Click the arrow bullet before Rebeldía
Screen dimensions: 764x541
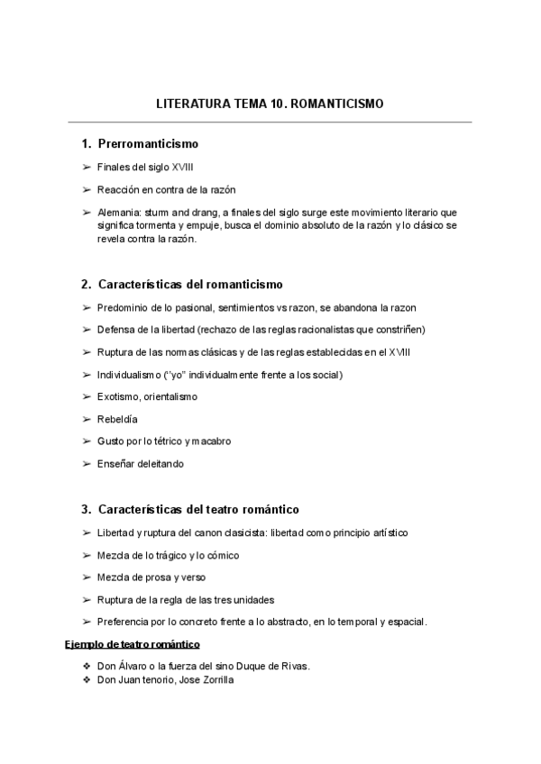click(86, 419)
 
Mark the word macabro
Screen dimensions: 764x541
click(210, 441)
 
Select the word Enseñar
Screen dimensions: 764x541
click(116, 464)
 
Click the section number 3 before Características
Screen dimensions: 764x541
click(85, 509)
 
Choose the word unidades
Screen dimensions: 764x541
click(252, 600)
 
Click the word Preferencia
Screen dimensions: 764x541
click(124, 622)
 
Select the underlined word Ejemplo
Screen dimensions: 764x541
click(83, 644)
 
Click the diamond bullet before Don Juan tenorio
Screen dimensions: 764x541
click(87, 680)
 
